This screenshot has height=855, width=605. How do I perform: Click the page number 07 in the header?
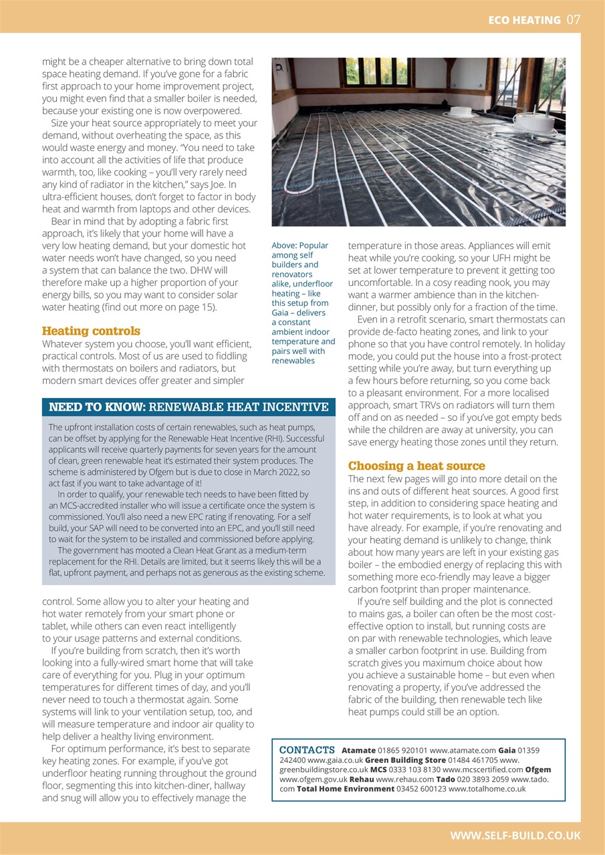click(574, 19)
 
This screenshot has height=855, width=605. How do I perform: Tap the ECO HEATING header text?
click(524, 20)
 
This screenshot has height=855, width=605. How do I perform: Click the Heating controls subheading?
click(91, 331)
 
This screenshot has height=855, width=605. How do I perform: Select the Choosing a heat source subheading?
click(416, 466)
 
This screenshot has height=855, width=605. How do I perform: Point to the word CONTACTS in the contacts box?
click(307, 750)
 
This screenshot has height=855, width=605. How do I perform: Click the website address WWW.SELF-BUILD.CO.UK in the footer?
click(515, 836)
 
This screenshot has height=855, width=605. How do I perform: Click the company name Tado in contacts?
click(445, 779)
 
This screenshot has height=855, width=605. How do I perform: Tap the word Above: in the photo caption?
click(283, 246)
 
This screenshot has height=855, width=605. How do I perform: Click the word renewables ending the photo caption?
click(293, 361)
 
